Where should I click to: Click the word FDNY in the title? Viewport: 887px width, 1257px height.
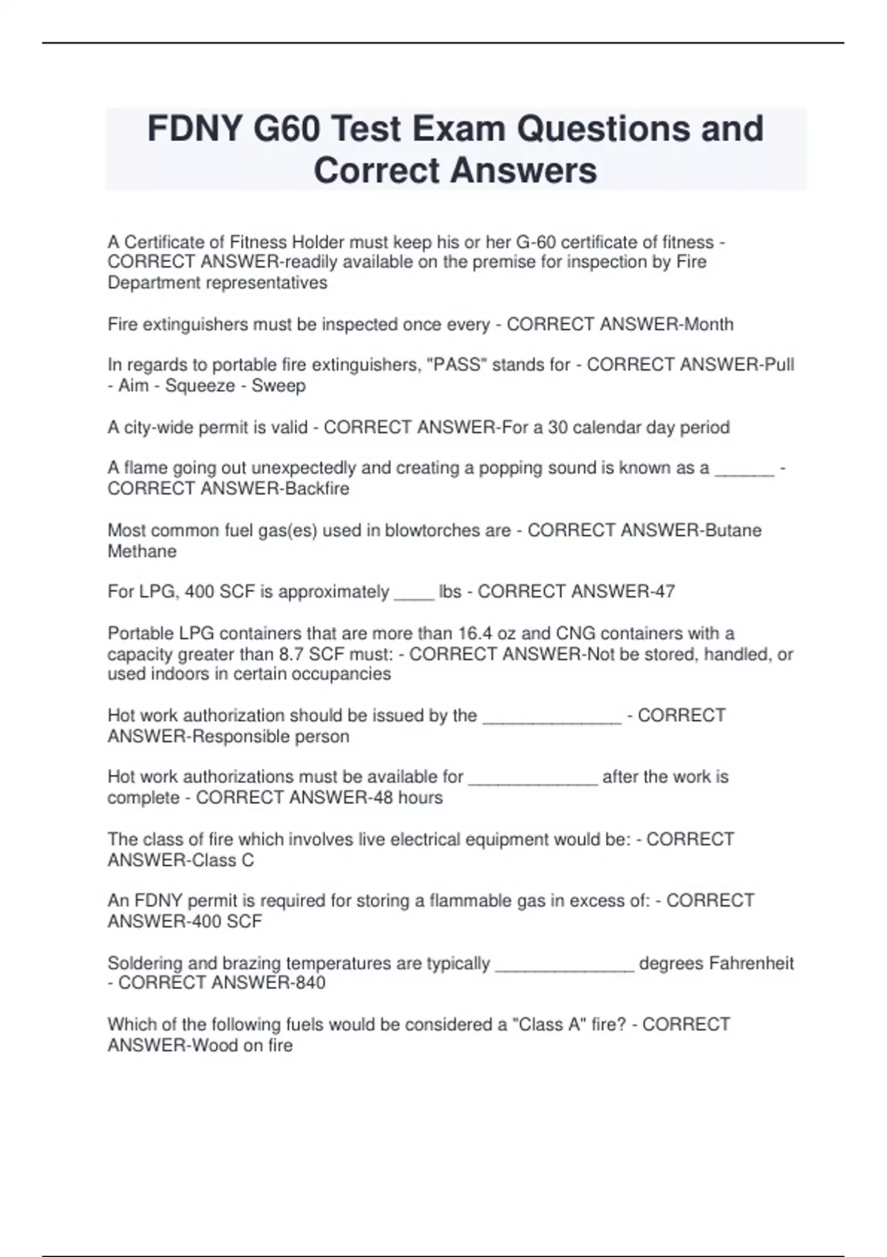(x=194, y=129)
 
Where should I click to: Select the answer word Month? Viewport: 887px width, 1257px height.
(x=709, y=324)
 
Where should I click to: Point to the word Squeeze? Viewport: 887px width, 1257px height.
(x=200, y=385)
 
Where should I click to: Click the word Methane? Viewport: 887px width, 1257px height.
(x=142, y=551)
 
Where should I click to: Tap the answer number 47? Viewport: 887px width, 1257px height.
(x=664, y=592)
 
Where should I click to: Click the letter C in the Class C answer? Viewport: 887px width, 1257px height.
(x=248, y=860)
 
